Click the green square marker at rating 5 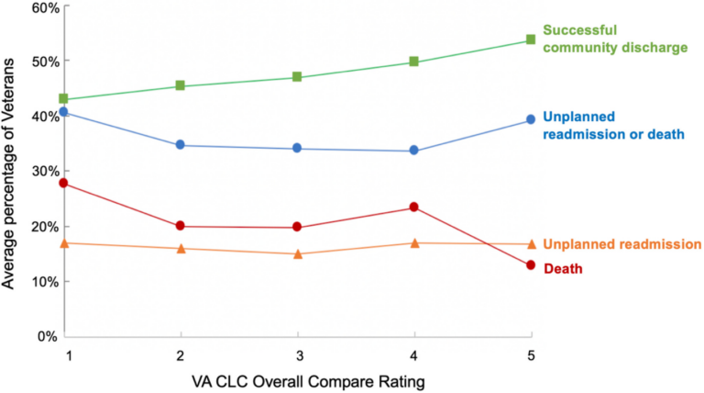tap(531, 40)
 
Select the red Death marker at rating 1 tap(63, 184)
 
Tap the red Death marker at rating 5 tap(531, 265)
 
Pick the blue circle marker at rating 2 tap(181, 145)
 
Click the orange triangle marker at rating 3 tap(297, 253)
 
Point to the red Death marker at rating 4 tap(414, 208)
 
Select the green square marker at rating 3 tap(297, 77)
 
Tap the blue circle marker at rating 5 tap(531, 120)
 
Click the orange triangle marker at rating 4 tap(414, 242)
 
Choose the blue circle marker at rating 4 tap(414, 151)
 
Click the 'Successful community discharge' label tap(614, 39)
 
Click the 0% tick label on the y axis tap(48, 337)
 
